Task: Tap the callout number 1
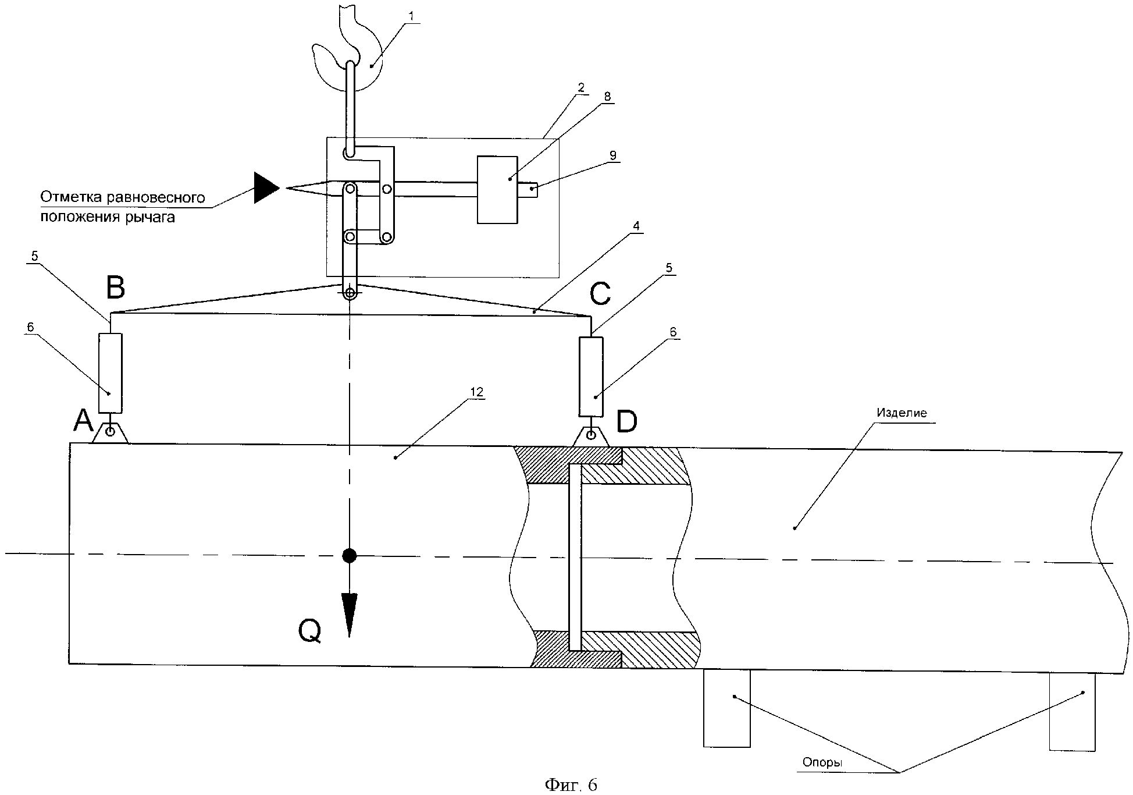pos(412,16)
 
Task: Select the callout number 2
pos(580,88)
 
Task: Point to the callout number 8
pos(608,97)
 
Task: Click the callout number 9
pos(612,155)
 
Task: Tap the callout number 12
pos(476,392)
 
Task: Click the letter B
pos(115,287)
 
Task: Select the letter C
pos(600,294)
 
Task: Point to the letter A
pos(83,420)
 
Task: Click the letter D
pos(626,422)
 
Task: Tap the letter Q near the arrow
pos(309,630)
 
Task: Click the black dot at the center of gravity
pos(349,555)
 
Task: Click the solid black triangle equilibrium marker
pos(266,187)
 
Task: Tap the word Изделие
pos(902,413)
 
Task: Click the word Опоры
pos(822,762)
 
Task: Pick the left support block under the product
pos(726,708)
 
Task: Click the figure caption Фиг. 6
pos(571,785)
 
